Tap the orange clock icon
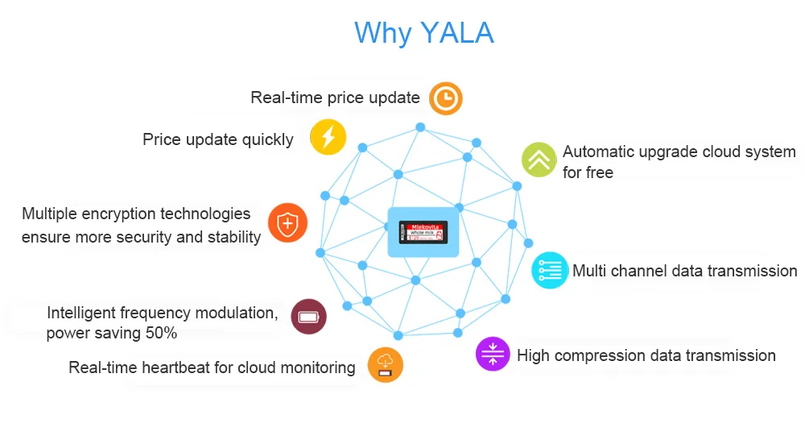(445, 98)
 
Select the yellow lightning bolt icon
(328, 137)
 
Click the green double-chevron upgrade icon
(539, 160)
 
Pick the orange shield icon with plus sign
(287, 223)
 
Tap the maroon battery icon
(308, 317)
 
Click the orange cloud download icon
(386, 365)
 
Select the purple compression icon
(493, 355)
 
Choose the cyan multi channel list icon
(550, 270)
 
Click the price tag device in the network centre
(423, 232)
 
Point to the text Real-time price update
(335, 98)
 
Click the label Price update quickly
(217, 139)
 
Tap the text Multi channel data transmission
(684, 271)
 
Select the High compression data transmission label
(646, 355)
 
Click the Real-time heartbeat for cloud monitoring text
(212, 367)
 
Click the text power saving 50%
(111, 333)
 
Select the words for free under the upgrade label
(588, 172)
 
